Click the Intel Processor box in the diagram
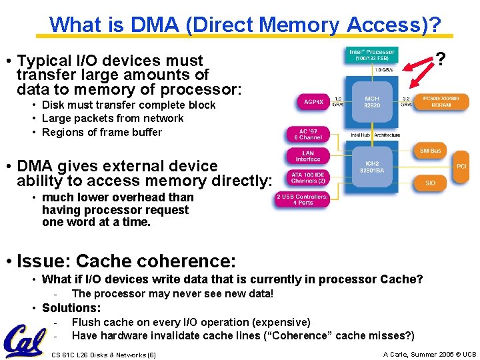(x=371, y=55)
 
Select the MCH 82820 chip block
(x=372, y=101)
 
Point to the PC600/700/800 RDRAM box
(x=445, y=102)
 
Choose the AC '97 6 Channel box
(x=308, y=134)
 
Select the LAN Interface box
(x=308, y=156)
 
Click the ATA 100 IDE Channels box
(x=308, y=178)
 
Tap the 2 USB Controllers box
(x=302, y=200)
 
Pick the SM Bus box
(x=430, y=151)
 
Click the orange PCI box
(x=461, y=165)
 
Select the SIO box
(x=430, y=183)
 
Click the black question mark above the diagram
(x=440, y=59)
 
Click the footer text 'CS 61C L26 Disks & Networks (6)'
(x=103, y=355)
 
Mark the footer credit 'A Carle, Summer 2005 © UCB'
(x=429, y=354)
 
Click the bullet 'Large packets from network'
(x=113, y=118)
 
